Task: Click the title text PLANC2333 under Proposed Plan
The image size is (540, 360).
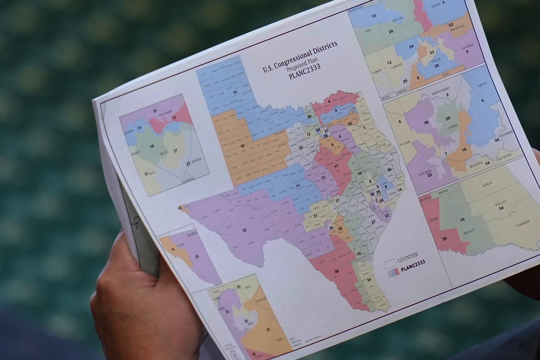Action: [304, 72]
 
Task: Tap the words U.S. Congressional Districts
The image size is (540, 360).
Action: [300, 56]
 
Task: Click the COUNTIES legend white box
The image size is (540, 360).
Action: [389, 264]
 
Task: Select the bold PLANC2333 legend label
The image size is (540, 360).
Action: [413, 266]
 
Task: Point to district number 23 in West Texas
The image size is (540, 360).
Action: [244, 230]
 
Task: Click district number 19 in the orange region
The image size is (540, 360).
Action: [242, 146]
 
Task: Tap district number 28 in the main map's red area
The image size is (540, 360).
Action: [337, 271]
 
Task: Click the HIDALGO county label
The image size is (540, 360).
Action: [469, 232]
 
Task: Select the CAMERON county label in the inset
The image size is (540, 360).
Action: [522, 223]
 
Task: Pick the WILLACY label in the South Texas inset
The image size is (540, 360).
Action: [500, 203]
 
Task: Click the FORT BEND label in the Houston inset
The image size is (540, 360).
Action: [425, 172]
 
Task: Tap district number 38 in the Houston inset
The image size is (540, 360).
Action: [426, 123]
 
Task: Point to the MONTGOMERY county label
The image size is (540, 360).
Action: [441, 90]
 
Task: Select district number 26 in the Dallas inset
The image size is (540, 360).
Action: [391, 31]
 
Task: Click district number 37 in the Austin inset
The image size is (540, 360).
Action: [175, 151]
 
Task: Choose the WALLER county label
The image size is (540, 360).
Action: [404, 143]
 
